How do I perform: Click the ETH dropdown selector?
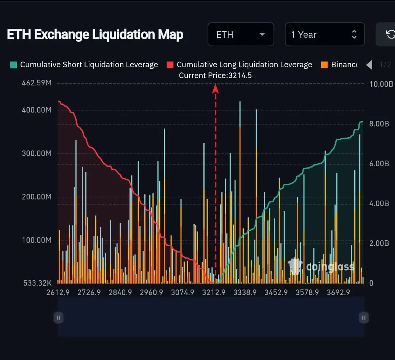click(240, 35)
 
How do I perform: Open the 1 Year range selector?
click(324, 35)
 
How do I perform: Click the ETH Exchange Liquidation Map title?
click(95, 35)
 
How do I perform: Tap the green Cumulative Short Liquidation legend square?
click(13, 65)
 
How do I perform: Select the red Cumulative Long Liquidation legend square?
click(170, 65)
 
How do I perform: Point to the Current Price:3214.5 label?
click(215, 76)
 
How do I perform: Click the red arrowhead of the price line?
click(215, 88)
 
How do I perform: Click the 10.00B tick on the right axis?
click(381, 84)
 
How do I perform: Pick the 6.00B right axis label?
click(379, 164)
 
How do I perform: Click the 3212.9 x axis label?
click(214, 292)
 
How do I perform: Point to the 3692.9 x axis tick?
click(338, 292)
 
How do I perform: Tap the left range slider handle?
click(58, 317)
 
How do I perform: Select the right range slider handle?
click(364, 317)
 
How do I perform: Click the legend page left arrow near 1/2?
click(369, 65)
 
